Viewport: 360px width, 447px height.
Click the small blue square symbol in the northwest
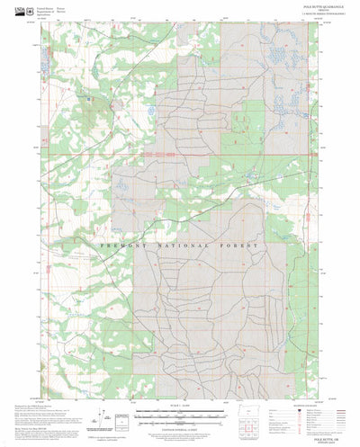tap(89, 98)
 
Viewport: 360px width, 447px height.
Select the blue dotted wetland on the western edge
tap(45, 64)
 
